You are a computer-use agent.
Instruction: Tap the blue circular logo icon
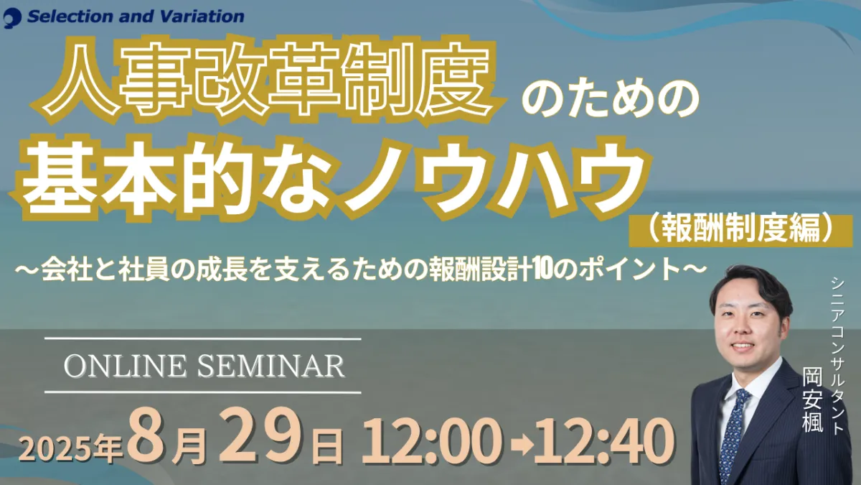tap(11, 19)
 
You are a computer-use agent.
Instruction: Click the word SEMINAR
tap(271, 366)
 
